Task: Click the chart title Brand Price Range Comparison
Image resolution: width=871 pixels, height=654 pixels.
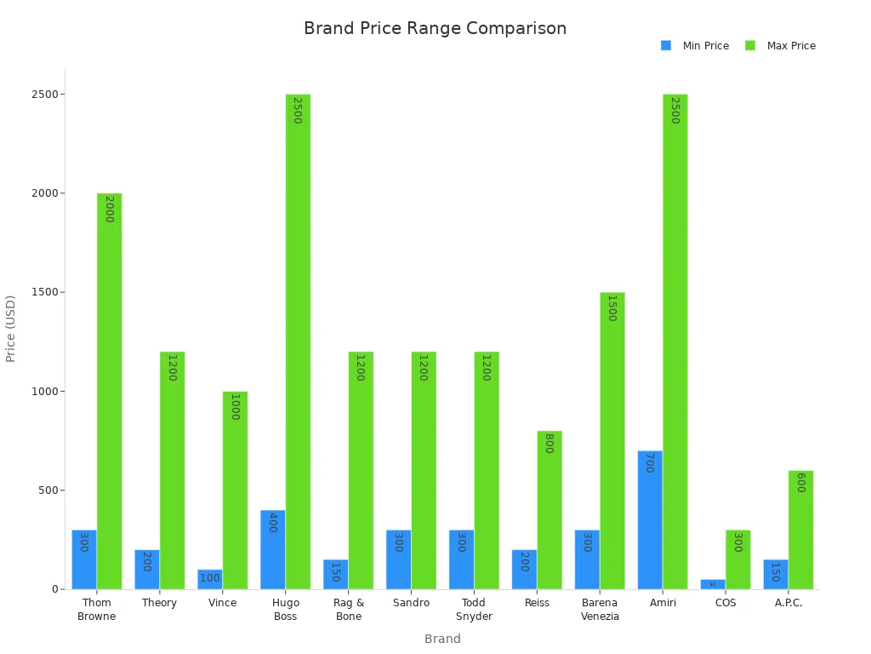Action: tap(435, 28)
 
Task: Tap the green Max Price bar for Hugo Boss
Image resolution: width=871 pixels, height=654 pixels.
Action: tap(298, 341)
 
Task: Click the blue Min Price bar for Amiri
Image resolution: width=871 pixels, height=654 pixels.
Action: tap(650, 519)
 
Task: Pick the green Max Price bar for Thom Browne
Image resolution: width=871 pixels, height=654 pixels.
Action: tap(109, 391)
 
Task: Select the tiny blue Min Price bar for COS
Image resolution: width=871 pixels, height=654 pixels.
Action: tap(713, 584)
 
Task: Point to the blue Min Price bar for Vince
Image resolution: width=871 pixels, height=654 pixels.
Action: tap(209, 579)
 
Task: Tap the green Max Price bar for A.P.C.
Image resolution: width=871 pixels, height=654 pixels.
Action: tap(800, 530)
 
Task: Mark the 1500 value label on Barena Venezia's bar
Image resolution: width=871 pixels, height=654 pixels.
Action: tap(611, 308)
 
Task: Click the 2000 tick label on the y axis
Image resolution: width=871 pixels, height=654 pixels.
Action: tap(44, 193)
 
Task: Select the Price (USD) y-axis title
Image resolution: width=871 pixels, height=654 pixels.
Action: tap(11, 329)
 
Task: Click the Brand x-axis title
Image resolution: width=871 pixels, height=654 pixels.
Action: tap(442, 639)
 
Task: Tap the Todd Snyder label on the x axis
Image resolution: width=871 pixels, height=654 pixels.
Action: tap(474, 610)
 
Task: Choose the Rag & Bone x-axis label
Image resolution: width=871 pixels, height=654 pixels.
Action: tap(349, 610)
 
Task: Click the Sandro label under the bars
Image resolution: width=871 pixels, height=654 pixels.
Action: tap(412, 603)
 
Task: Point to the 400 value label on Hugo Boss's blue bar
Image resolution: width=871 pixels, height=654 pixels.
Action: tap(272, 523)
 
